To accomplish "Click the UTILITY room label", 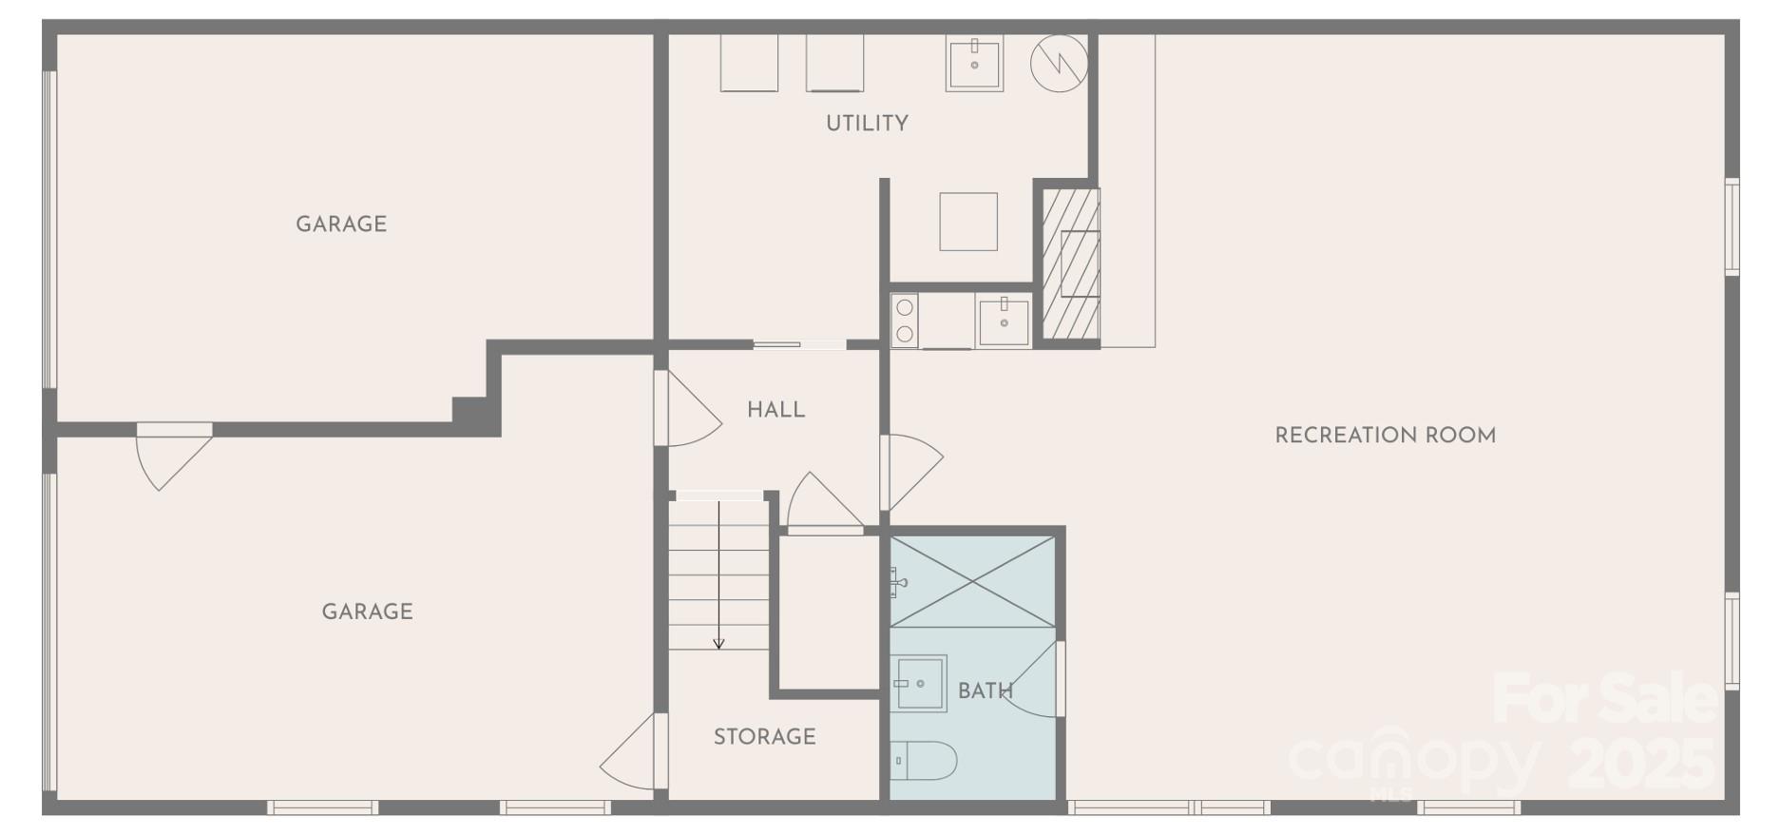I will click(x=866, y=123).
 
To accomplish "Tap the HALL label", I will click(x=776, y=410).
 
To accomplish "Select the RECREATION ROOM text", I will click(x=1384, y=436).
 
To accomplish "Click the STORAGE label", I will click(x=764, y=736).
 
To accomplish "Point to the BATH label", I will click(x=985, y=691).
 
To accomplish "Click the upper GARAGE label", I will click(x=340, y=224).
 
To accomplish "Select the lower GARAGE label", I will click(x=367, y=612).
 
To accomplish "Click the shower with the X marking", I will click(x=972, y=581).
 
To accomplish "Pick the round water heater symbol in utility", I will click(x=1059, y=64).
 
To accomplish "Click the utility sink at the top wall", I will click(x=974, y=64).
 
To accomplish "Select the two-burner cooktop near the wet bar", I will click(x=905, y=321).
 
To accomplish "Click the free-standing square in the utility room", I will click(x=968, y=222).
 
